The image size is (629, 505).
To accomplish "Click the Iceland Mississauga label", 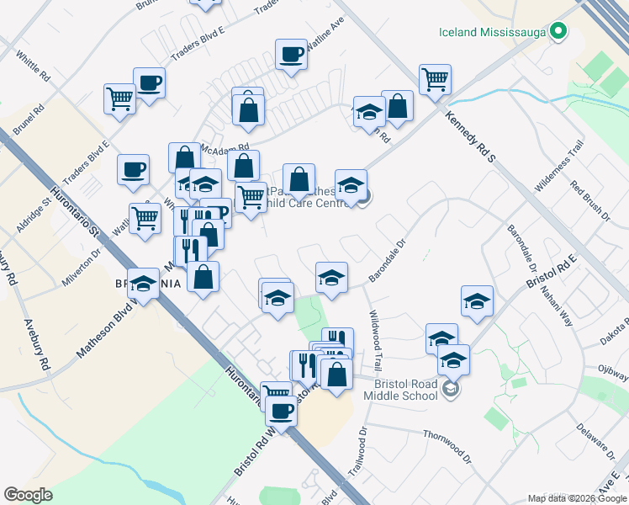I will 492,33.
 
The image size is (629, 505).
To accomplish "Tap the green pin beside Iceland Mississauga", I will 558,33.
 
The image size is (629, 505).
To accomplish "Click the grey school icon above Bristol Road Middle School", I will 452,388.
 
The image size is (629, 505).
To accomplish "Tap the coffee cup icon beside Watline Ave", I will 291,56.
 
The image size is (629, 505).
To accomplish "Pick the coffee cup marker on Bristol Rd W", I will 282,412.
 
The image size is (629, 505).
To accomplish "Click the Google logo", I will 28,495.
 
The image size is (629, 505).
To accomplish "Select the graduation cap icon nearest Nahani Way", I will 477,300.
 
